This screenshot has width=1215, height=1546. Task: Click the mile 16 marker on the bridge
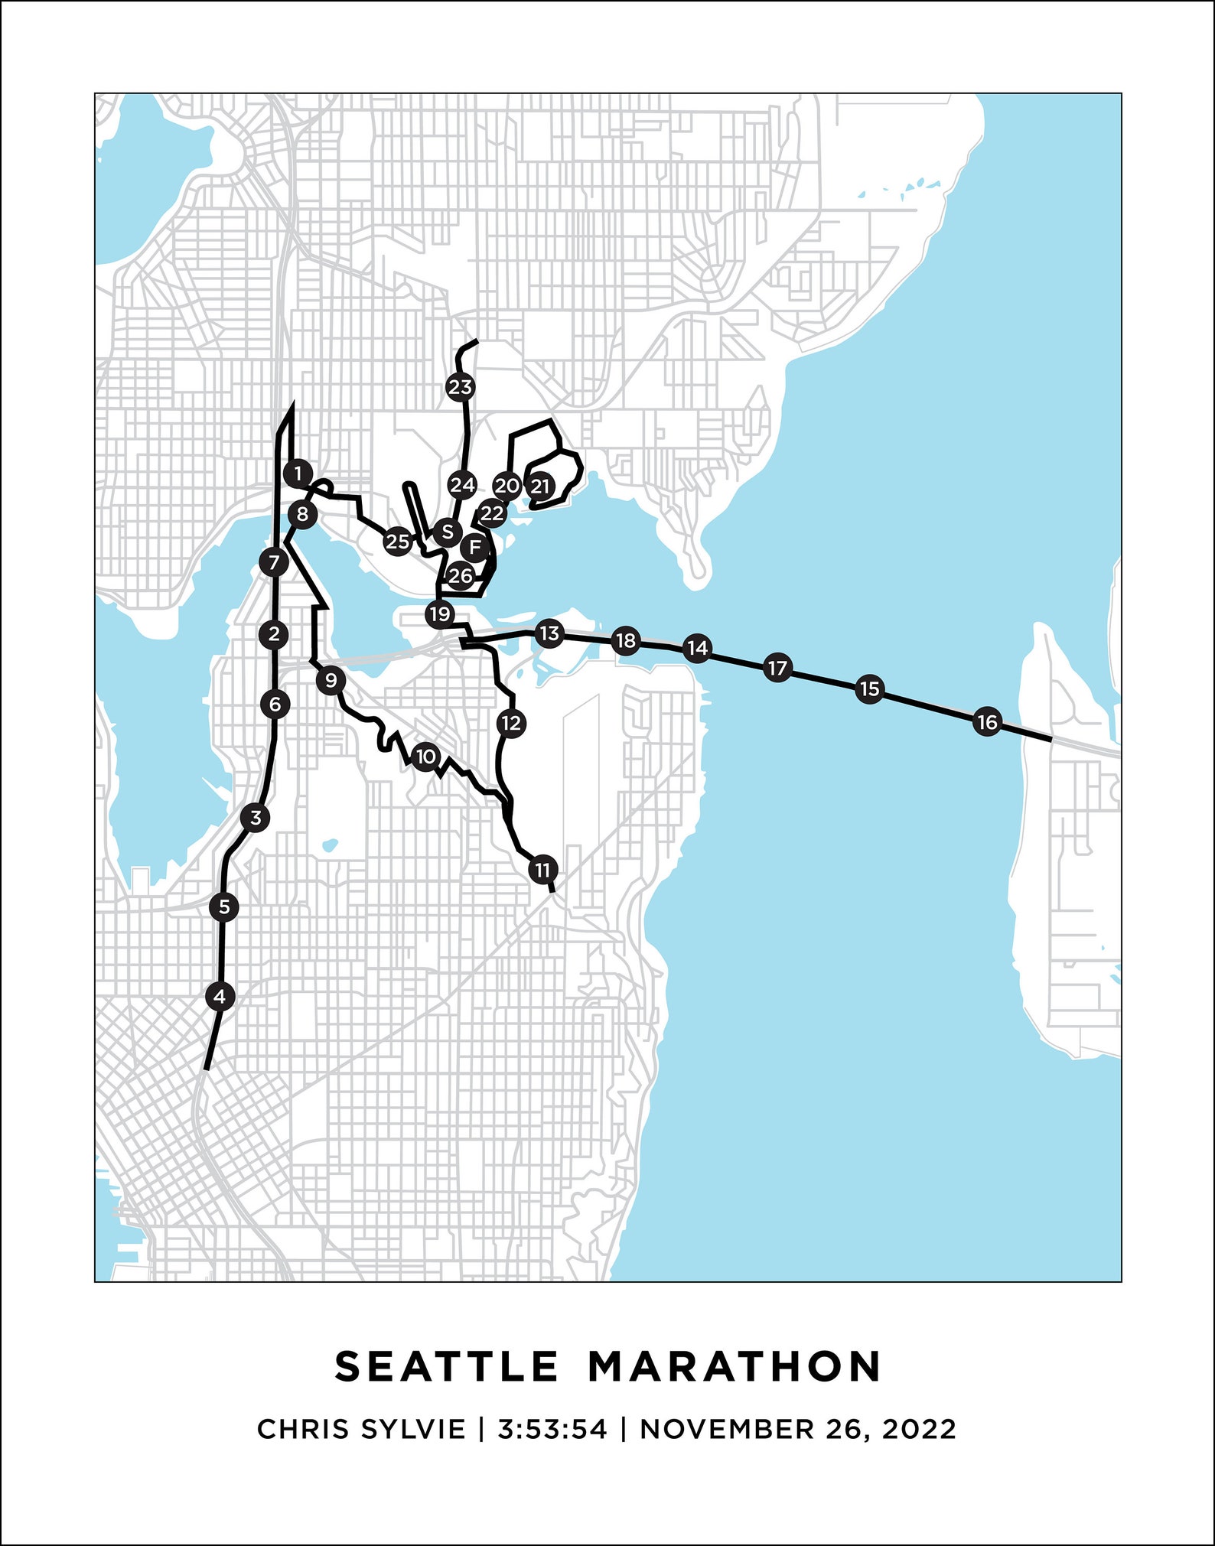[x=987, y=721]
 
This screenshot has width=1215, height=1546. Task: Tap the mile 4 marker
[x=220, y=996]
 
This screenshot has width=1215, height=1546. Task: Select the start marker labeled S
[x=447, y=532]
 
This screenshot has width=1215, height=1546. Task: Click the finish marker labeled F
[x=475, y=547]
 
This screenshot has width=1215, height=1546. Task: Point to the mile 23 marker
[x=460, y=387]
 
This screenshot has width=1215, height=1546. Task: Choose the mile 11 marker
[x=542, y=870]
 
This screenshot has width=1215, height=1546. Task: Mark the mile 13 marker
[x=549, y=633]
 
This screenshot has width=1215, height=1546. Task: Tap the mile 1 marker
[x=298, y=474]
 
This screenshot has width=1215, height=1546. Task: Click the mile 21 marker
[x=540, y=485]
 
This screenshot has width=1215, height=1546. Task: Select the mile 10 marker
[x=425, y=757]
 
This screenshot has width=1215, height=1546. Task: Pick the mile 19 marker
[x=440, y=614]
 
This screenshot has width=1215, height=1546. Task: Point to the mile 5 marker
[x=224, y=906]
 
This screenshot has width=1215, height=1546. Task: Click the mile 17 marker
[x=777, y=668]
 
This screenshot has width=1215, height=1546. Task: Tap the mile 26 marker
[x=460, y=575]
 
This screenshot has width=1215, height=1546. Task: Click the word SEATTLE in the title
[x=447, y=1366]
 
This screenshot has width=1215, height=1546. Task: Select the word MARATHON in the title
[x=735, y=1366]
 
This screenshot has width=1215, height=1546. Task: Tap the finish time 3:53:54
[x=552, y=1428]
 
